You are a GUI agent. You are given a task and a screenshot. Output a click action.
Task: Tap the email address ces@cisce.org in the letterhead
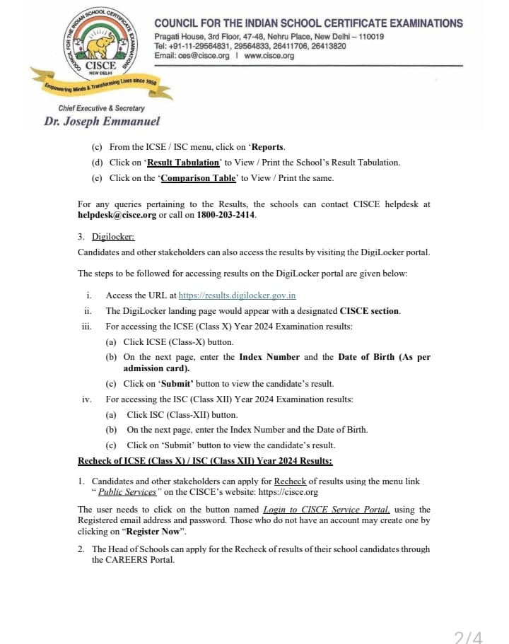[203, 56]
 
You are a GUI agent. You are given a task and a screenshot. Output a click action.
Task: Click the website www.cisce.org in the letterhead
[269, 56]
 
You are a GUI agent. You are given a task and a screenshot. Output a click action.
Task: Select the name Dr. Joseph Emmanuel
[102, 122]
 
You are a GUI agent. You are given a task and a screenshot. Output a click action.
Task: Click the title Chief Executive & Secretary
[102, 108]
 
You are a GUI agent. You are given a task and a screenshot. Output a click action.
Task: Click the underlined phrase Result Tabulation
[183, 163]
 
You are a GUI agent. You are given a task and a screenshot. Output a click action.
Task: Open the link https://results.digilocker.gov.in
[237, 295]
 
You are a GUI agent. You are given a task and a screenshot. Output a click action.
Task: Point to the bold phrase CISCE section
[369, 311]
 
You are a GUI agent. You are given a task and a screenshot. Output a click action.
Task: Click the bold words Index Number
[269, 357]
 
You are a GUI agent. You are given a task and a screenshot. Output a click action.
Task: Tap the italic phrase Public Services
[127, 492]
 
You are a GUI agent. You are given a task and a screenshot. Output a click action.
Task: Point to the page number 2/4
[468, 637]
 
